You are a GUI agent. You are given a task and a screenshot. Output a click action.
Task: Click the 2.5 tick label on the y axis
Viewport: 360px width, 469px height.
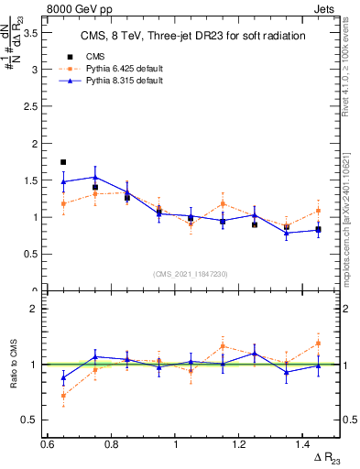pos(29,106)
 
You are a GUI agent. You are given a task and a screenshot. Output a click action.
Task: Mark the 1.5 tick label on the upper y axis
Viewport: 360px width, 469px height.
pos(29,180)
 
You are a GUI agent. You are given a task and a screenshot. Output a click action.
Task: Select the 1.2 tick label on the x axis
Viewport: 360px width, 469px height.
pos(239,444)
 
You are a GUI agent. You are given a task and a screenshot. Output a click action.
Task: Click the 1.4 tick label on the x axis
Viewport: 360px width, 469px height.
pos(302,444)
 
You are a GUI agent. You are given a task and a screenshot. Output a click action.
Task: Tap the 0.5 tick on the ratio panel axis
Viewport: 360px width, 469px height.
pos(29,420)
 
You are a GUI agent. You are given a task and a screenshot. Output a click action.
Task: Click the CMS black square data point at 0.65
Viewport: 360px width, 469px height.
pos(63,162)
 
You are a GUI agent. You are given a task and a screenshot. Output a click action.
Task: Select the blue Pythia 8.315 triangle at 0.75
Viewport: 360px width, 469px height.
pos(95,177)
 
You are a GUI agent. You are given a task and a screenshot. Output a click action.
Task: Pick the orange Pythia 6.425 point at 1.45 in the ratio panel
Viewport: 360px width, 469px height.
pos(318,344)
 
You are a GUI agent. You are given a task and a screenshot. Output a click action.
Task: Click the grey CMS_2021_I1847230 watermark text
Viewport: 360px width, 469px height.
pos(191,274)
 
